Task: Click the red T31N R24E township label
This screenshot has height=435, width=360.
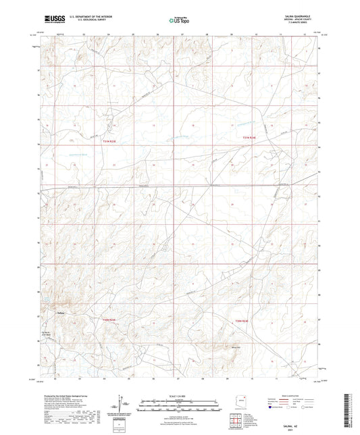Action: pos(250,138)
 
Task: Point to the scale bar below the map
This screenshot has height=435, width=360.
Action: pos(180,404)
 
